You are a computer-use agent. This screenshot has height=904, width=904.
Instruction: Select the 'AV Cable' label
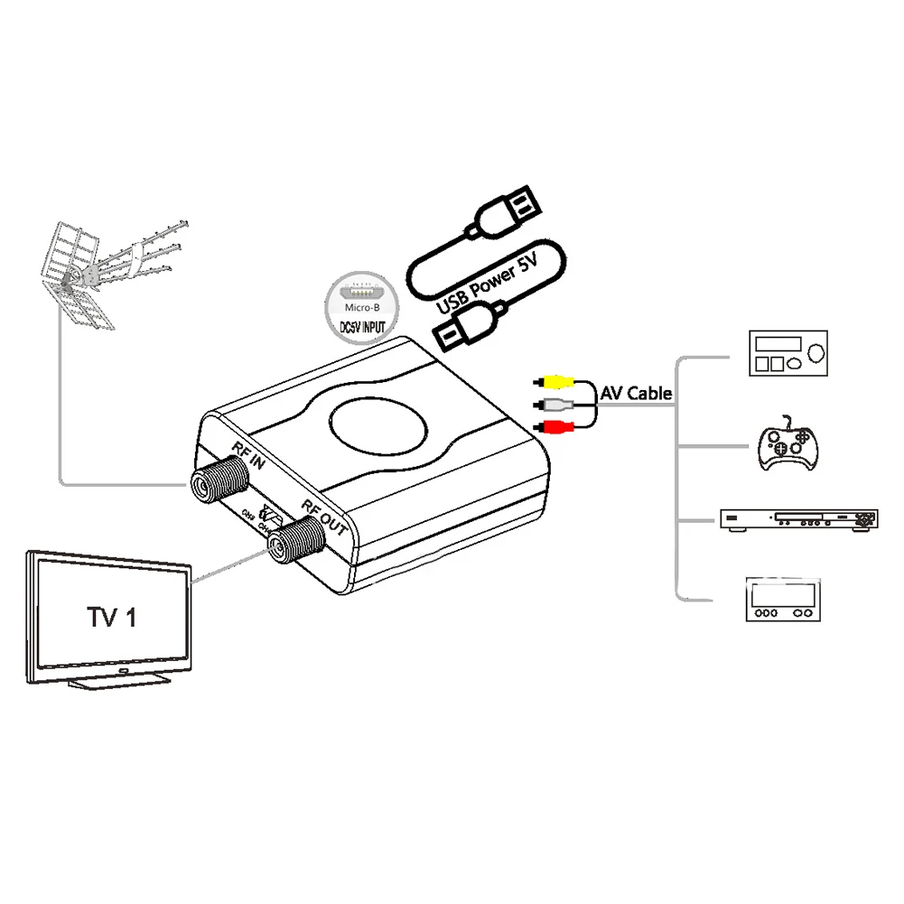(x=636, y=393)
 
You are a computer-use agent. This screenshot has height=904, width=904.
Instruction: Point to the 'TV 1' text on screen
(x=111, y=618)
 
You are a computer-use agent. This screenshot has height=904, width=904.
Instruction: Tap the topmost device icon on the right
(x=788, y=351)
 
